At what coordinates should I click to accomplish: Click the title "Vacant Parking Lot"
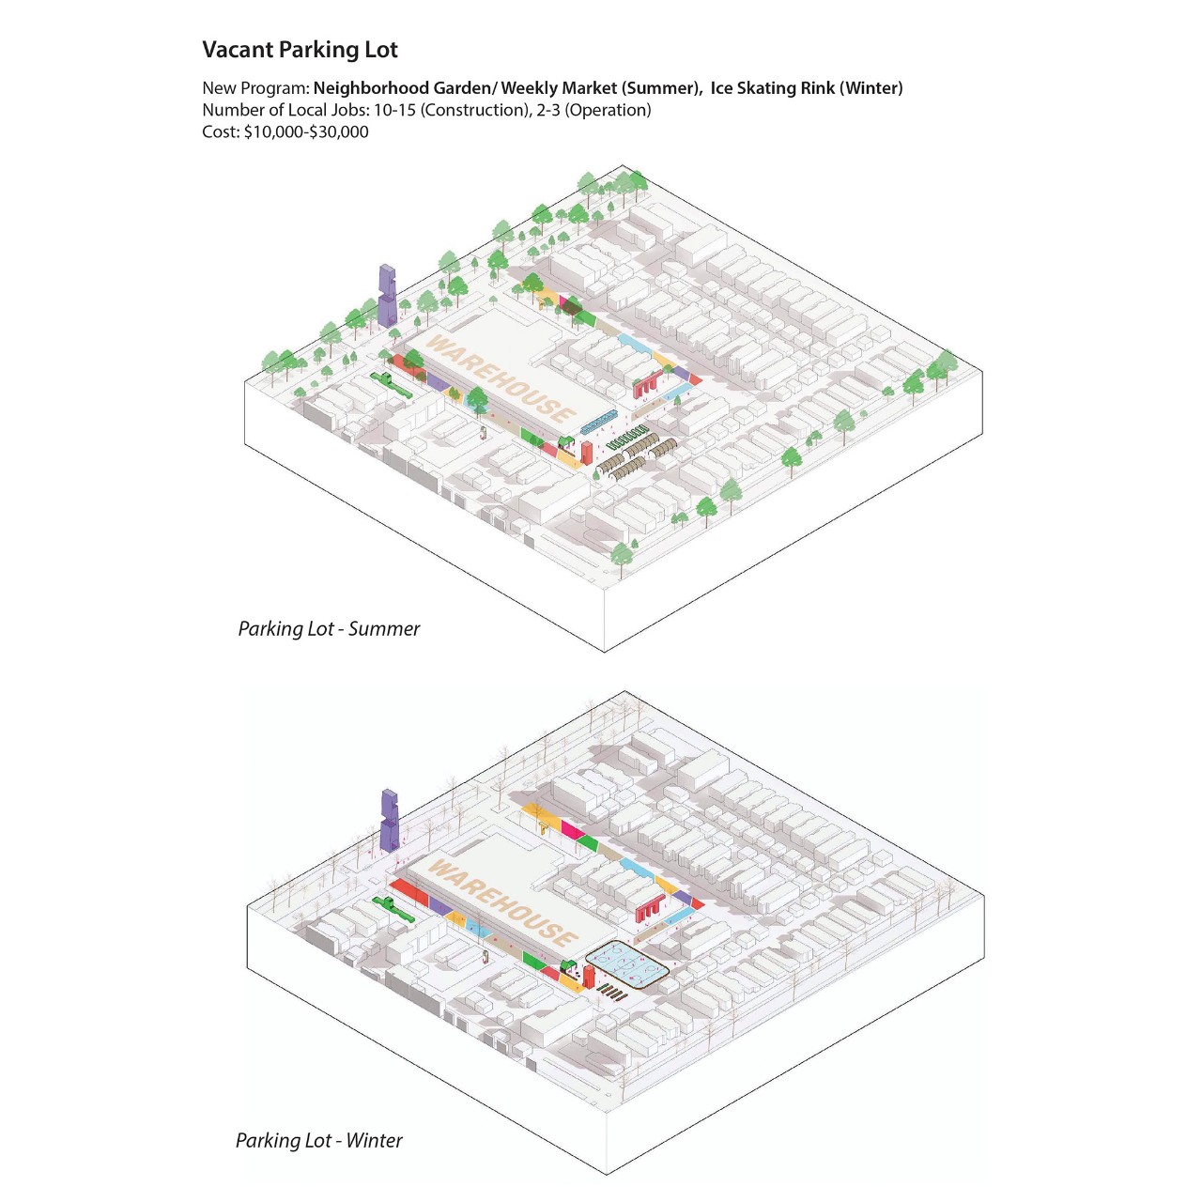[x=300, y=50]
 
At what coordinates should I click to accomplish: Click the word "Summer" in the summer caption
[x=384, y=629]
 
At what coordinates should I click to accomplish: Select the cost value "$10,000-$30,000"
[x=306, y=132]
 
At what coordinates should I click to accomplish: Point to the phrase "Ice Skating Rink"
[x=772, y=88]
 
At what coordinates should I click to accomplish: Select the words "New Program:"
[x=255, y=88]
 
